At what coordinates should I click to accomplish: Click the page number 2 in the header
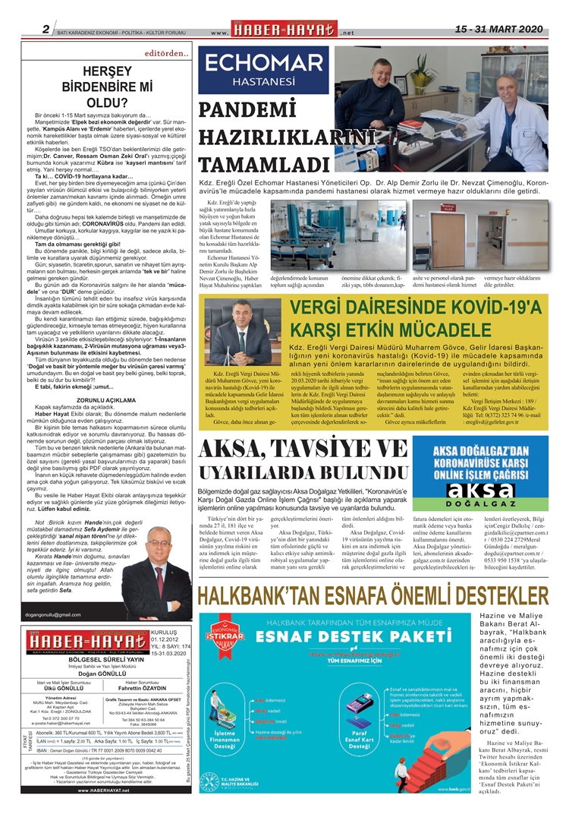(x=46, y=30)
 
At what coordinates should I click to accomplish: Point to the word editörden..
(x=165, y=53)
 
